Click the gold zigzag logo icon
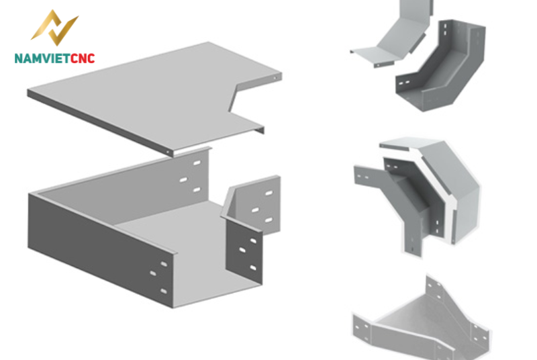(55, 28)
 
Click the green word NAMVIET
(42, 58)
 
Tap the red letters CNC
(83, 58)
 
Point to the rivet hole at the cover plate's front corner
(167, 152)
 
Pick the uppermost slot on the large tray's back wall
(197, 163)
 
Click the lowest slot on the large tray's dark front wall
(164, 291)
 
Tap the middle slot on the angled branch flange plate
(255, 210)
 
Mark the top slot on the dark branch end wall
(253, 241)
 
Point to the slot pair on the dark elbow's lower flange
(404, 83)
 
